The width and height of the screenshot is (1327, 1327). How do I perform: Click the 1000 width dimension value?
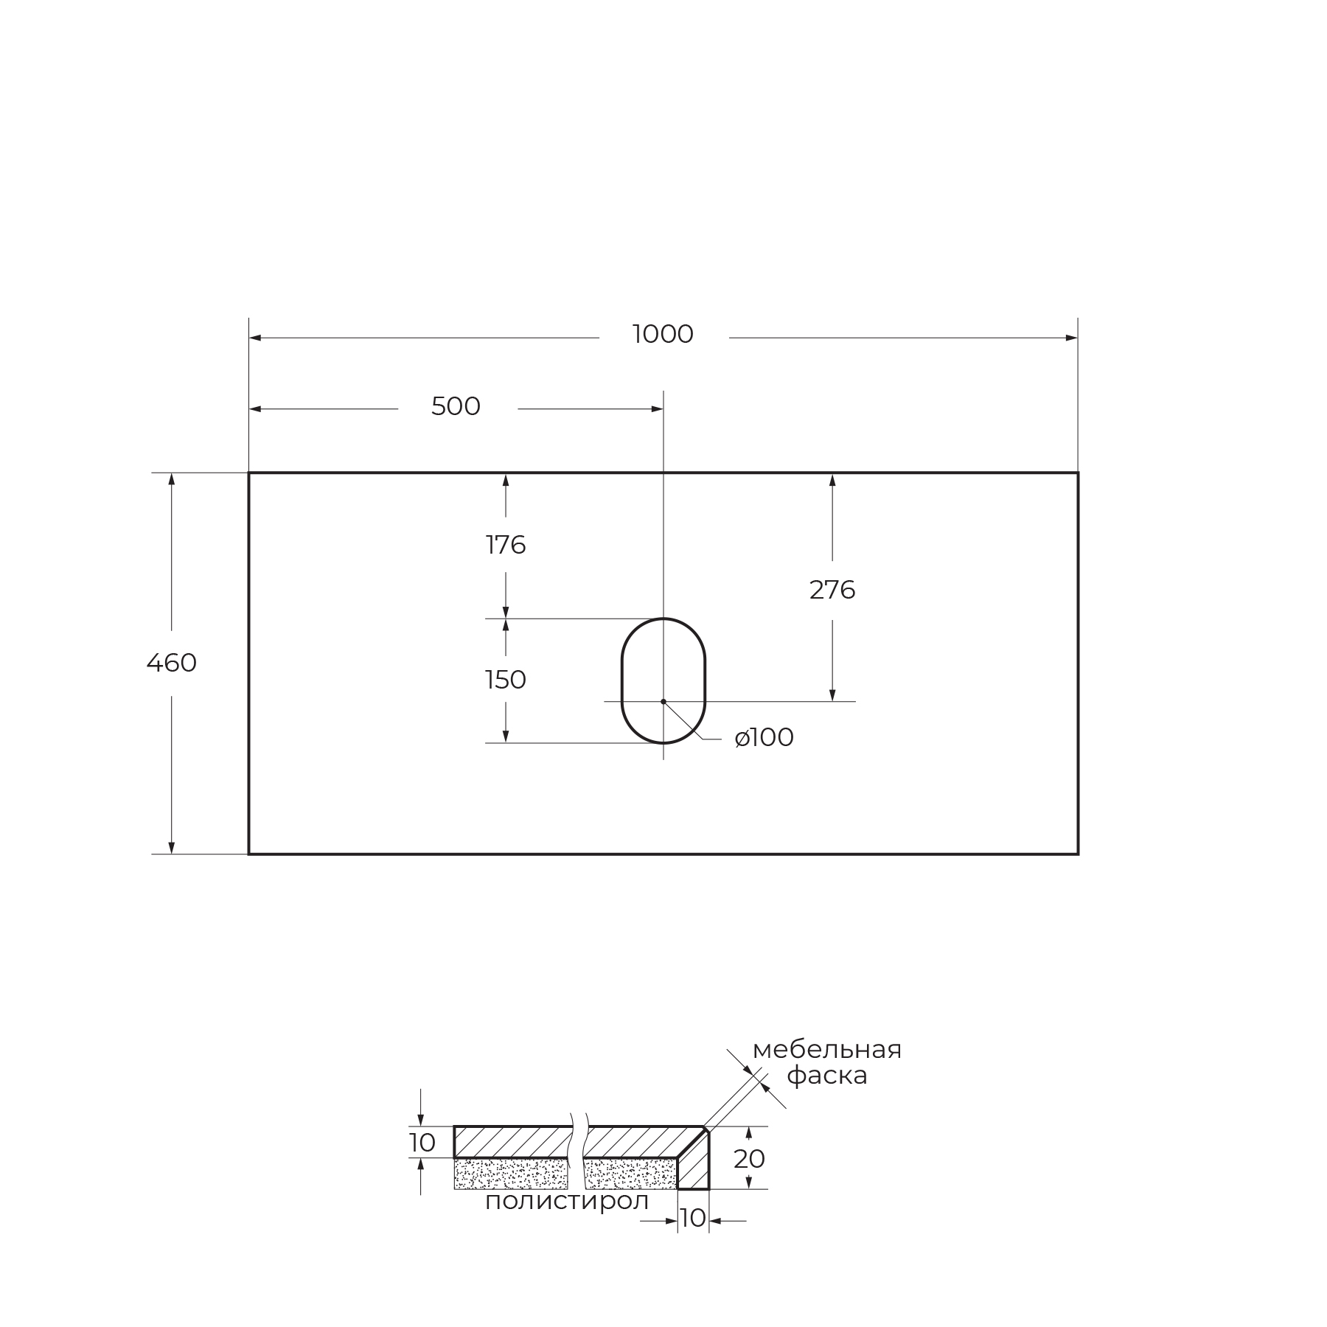663,335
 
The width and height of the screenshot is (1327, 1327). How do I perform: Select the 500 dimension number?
456,407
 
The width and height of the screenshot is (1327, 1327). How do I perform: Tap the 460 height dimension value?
172,663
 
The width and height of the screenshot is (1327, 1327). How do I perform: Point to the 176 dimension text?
506,546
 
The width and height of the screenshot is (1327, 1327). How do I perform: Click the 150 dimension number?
506,680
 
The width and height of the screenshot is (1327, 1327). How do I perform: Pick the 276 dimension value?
832,590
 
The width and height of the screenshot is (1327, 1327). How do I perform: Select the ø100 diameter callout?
764,738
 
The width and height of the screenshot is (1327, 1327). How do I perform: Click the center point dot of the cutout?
663,701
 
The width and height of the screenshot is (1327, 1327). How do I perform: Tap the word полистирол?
567,1201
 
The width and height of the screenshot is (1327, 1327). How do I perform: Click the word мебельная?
827,1050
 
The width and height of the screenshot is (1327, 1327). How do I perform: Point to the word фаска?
827,1076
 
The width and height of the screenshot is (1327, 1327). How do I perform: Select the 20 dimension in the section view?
749,1159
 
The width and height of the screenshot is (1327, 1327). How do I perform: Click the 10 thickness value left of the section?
422,1143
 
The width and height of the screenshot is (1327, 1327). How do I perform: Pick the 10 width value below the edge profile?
693,1219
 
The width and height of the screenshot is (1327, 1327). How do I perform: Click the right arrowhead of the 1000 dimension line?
1072,338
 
